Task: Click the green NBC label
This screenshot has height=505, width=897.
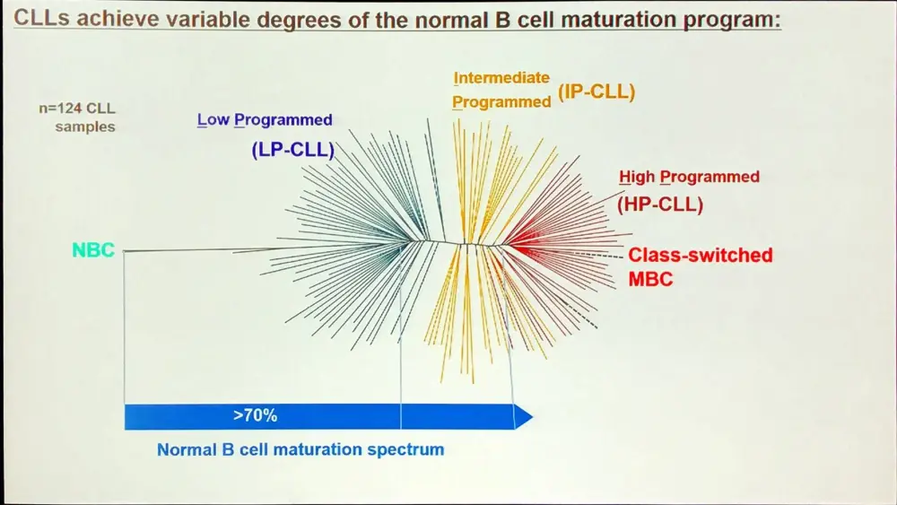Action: tap(93, 250)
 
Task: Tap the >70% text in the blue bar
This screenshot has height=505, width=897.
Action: tap(255, 416)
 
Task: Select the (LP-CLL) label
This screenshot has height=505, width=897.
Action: tap(292, 150)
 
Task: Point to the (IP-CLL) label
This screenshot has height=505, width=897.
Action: tap(597, 91)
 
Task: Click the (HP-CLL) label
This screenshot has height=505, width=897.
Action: tap(660, 205)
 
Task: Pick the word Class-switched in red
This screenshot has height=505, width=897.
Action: tap(700, 255)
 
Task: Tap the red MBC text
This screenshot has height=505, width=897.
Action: tap(650, 279)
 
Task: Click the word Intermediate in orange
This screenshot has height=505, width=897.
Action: tap(501, 78)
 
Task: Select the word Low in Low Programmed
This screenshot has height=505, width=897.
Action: tap(213, 120)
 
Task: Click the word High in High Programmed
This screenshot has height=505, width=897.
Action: tap(637, 177)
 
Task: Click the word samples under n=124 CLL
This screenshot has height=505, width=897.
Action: tap(85, 126)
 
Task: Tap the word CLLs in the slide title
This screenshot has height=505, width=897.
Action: tap(43, 20)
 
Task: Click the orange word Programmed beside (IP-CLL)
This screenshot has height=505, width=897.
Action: tap(501, 102)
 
